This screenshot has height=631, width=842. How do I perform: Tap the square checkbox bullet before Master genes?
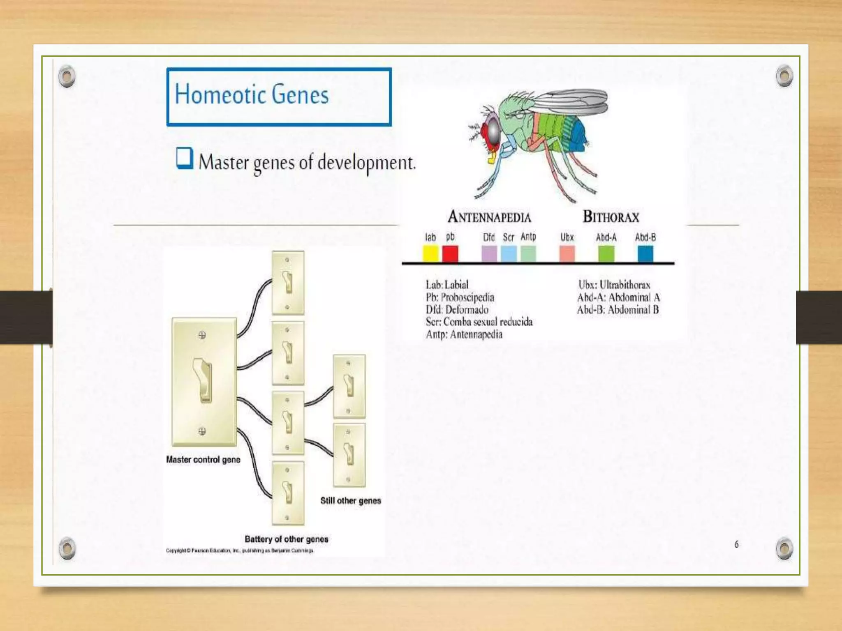click(184, 158)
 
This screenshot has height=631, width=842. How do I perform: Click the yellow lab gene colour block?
click(430, 253)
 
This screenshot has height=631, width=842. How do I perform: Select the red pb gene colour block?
click(450, 253)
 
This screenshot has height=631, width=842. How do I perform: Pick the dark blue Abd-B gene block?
click(645, 253)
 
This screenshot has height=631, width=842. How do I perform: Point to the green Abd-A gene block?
click(606, 253)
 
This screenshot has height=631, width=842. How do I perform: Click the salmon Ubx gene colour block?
click(567, 253)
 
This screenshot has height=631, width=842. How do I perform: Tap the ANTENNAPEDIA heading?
click(489, 217)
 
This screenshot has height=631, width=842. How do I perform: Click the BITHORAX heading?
click(611, 217)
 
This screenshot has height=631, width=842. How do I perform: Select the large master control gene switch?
click(204, 382)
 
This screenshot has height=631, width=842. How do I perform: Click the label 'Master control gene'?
click(203, 460)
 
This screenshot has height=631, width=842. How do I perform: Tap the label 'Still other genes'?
click(350, 501)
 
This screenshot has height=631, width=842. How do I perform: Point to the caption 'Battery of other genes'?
click(286, 539)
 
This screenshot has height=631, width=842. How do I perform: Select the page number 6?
click(736, 544)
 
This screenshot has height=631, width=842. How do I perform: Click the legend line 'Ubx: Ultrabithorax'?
click(614, 285)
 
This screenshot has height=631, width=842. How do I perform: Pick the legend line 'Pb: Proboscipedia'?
click(460, 297)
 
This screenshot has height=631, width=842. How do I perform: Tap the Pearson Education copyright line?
click(240, 550)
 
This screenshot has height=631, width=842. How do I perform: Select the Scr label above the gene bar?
click(509, 237)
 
